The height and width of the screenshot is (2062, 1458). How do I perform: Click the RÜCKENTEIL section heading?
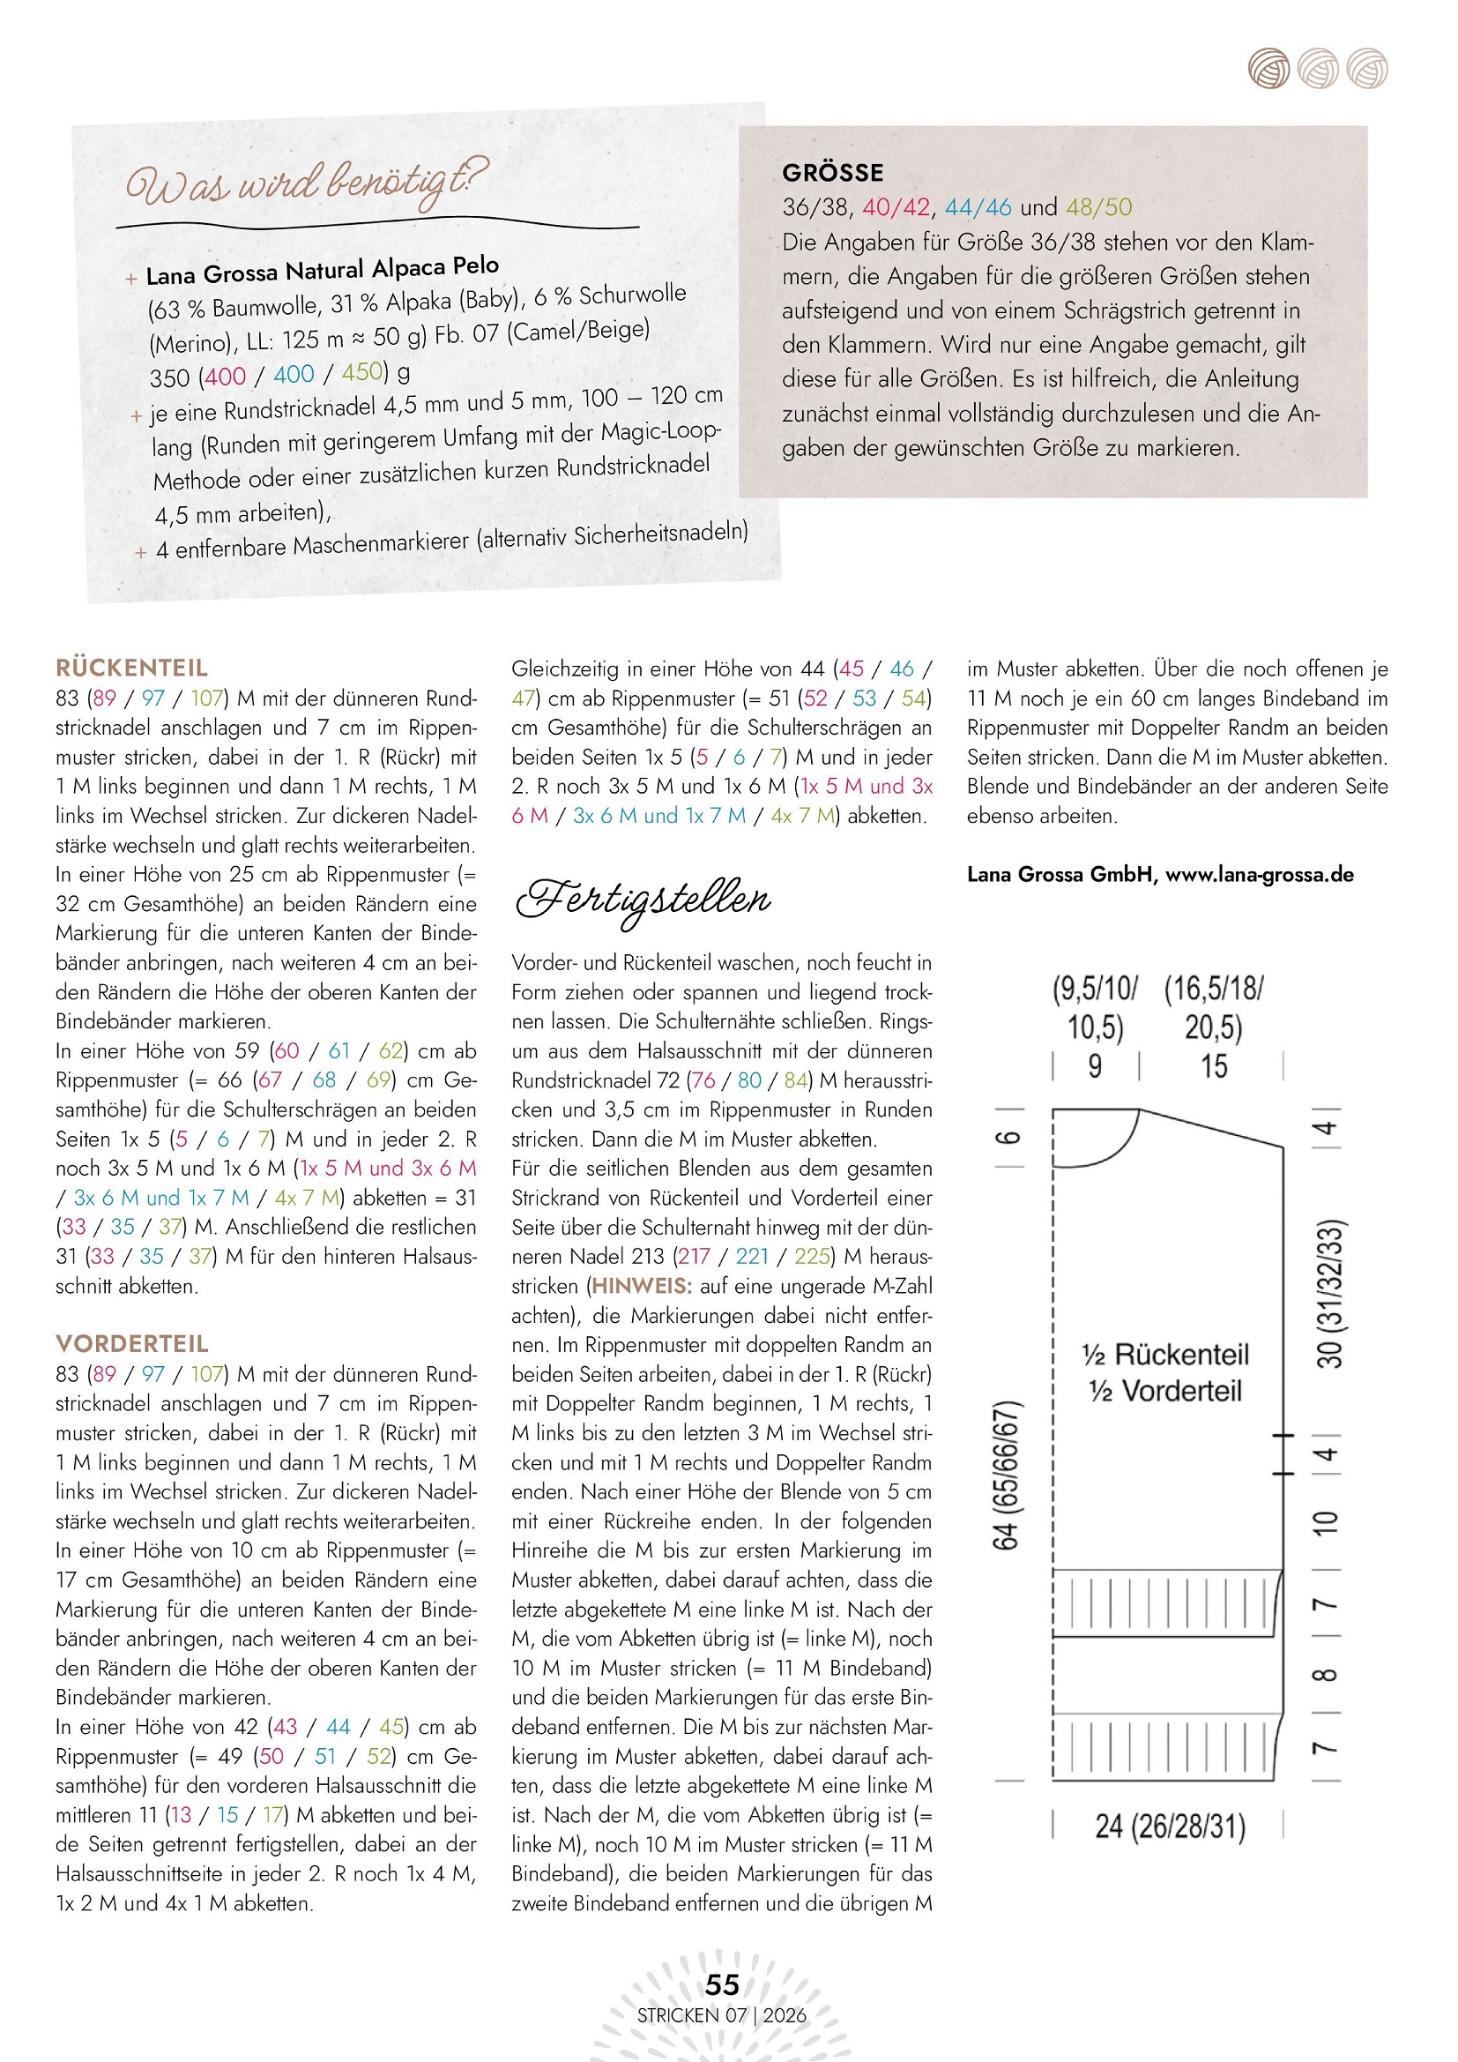[131, 668]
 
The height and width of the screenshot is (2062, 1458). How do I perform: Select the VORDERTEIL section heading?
[132, 1343]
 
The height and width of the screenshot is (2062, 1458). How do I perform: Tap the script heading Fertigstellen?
[643, 899]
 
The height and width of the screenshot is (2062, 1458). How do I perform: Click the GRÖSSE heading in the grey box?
[832, 173]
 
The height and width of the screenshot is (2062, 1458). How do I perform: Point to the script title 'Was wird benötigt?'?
[306, 183]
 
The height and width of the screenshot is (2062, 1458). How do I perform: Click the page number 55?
[722, 1984]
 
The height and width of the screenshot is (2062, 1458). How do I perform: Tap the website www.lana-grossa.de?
[1259, 875]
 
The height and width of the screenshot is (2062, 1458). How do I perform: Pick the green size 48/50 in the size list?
[1099, 207]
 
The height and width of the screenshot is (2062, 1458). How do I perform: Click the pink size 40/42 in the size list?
[896, 207]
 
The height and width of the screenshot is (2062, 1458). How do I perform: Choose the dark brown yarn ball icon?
[1268, 69]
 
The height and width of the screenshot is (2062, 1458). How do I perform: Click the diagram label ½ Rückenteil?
[1165, 1355]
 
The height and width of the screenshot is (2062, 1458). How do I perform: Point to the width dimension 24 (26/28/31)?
[1170, 1827]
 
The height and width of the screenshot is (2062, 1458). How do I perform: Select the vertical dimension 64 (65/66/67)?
[1006, 1474]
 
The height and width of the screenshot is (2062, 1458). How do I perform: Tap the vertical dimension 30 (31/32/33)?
[1329, 1293]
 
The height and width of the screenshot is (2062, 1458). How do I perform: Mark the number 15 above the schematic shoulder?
[1214, 1066]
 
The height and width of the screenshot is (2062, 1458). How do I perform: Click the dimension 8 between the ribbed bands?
[1325, 1674]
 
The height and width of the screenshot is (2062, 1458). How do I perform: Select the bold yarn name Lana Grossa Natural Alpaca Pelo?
[323, 269]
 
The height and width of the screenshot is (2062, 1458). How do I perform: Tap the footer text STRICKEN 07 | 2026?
[722, 2015]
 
